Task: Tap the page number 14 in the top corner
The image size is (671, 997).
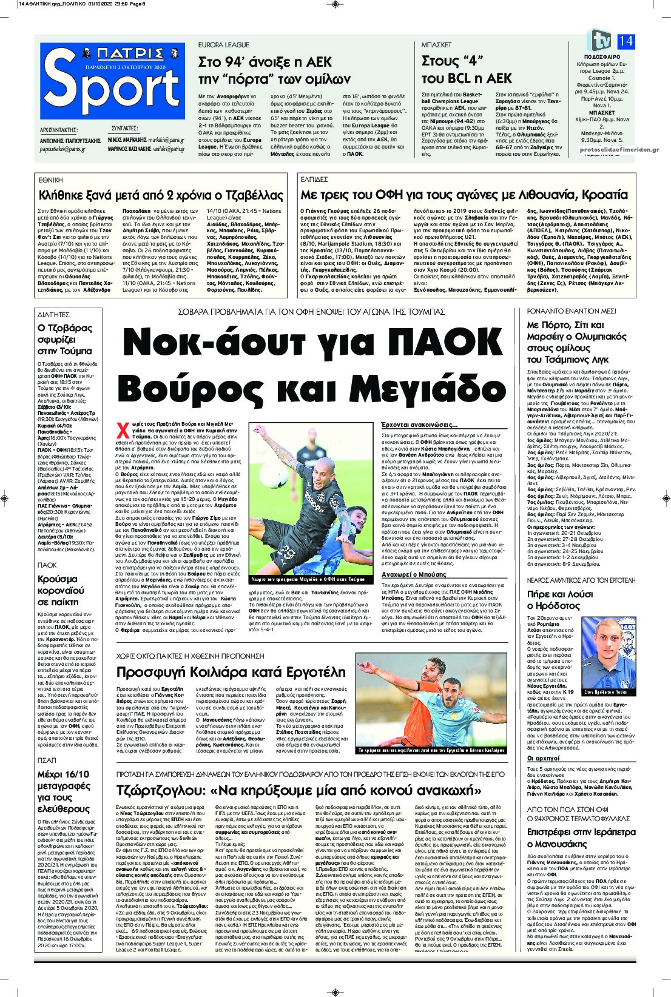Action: point(625,41)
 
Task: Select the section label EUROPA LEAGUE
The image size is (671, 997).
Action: point(224,45)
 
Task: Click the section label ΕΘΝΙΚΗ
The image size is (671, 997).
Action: point(51,180)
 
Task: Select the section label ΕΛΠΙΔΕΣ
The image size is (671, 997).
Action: point(314,180)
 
